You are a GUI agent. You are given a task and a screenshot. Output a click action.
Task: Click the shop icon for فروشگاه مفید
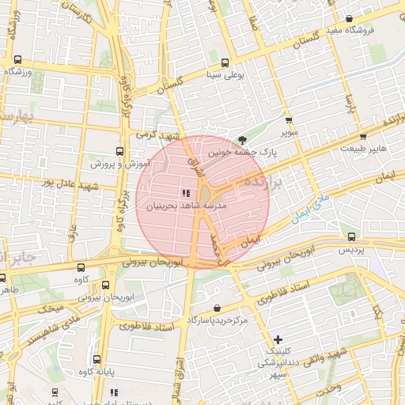pyautogui.click(x=349, y=18)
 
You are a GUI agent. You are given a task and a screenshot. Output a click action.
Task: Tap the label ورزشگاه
pyautogui.click(x=20, y=71)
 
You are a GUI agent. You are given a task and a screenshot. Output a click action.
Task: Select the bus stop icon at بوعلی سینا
pyautogui.click(x=225, y=62)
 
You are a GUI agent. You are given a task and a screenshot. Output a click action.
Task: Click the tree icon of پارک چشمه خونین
pyautogui.click(x=242, y=139)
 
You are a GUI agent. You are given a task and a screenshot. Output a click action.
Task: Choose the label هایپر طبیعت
pyautogui.click(x=363, y=148)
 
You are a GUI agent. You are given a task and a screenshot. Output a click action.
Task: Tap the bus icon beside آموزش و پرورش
pyautogui.click(x=119, y=150)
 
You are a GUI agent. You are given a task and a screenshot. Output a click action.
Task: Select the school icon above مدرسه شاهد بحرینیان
pyautogui.click(x=186, y=193)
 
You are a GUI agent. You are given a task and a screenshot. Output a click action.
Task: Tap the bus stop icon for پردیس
pyautogui.click(x=352, y=237)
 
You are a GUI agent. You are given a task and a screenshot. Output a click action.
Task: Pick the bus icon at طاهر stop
pyautogui.click(x=3, y=278)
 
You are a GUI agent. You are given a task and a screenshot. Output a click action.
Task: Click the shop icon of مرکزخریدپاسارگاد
pyautogui.click(x=217, y=308)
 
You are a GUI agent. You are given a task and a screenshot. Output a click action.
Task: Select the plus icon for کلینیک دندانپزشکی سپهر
pyautogui.click(x=277, y=339)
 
